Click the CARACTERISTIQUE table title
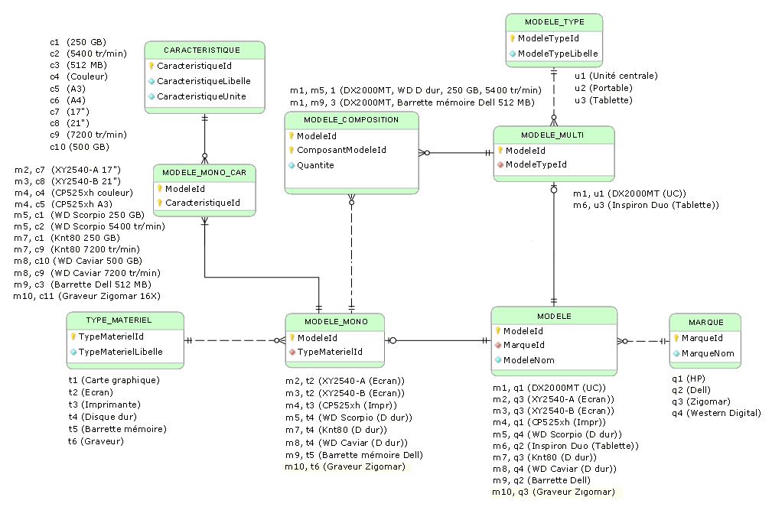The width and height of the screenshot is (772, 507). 204,50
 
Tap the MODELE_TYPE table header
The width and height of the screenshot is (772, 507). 555,23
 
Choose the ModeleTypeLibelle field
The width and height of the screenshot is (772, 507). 558,54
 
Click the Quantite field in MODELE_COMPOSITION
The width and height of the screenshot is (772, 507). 315,165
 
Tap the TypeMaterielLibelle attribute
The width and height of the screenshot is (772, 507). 121,352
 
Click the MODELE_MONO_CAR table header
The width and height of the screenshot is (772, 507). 204,173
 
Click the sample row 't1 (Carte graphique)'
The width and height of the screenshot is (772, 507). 114,380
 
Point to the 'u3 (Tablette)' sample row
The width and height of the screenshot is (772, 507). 604,100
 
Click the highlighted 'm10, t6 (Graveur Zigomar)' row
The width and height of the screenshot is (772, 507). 344,466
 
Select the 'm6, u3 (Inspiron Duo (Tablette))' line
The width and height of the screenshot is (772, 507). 646,205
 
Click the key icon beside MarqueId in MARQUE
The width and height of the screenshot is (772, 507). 676,338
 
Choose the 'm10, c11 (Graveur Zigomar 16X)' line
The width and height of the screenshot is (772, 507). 87,296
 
